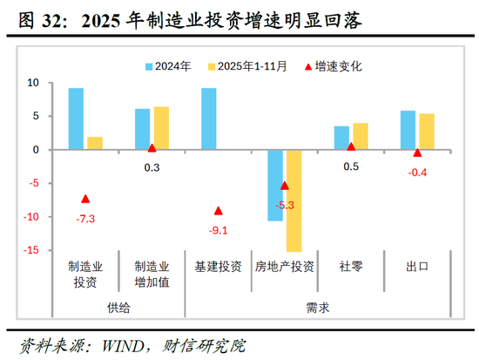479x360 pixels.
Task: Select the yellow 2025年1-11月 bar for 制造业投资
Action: point(94,143)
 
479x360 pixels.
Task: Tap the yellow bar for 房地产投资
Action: point(293,200)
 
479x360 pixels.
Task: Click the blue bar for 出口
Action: point(408,130)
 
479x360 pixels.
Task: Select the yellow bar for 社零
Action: point(360,136)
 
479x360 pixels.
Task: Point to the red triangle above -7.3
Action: point(85,199)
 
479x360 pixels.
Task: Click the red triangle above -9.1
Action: point(219,211)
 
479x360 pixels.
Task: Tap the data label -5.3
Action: point(285,205)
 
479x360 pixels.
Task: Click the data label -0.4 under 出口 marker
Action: point(418,172)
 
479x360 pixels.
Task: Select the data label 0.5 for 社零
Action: point(352,166)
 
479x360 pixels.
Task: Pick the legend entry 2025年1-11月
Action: point(253,65)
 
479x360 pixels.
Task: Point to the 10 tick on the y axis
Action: point(34,83)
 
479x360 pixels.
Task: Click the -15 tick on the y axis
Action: point(31,251)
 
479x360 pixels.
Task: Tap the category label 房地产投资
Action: point(285,266)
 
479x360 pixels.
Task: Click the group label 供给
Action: point(118,308)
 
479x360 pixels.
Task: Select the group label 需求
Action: point(318,308)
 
